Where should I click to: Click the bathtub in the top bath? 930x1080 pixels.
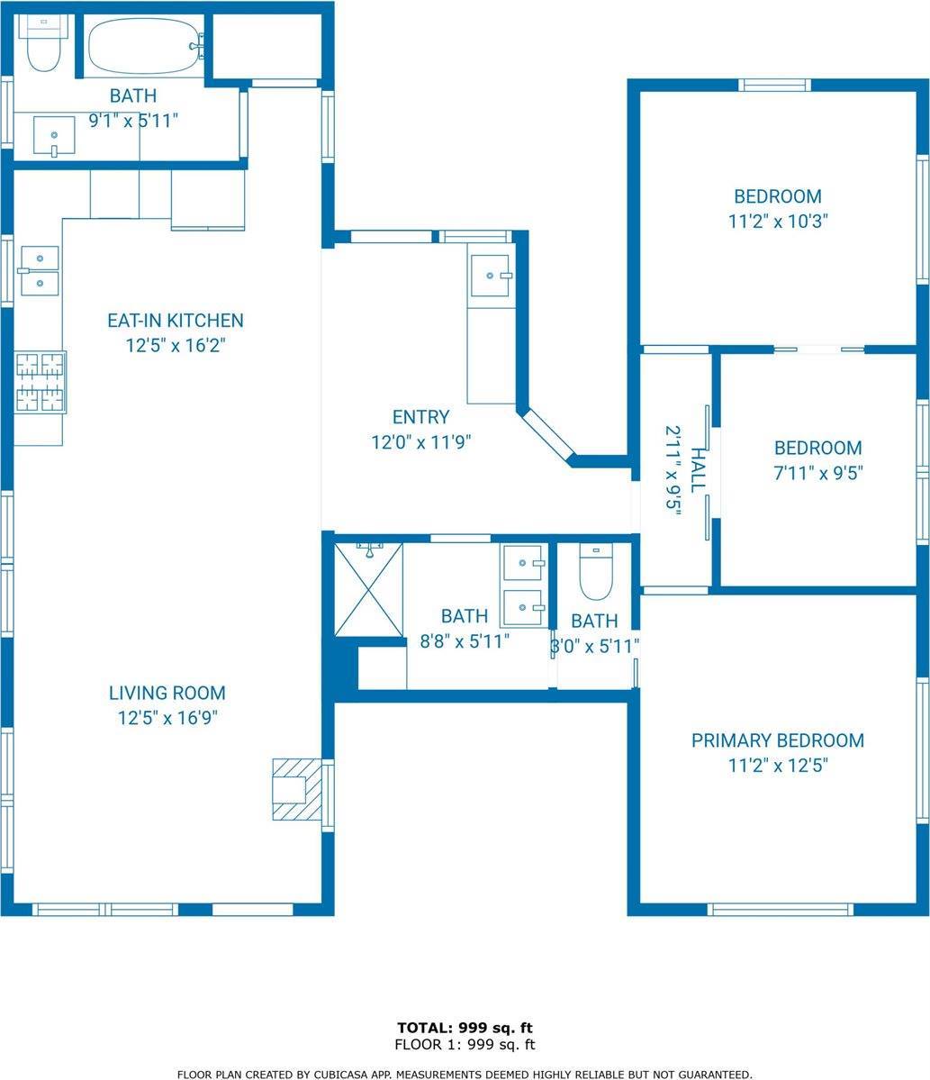pyautogui.click(x=145, y=45)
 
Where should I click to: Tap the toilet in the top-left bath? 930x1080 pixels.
pyautogui.click(x=42, y=43)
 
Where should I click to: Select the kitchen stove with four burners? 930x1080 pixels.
pyautogui.click(x=40, y=382)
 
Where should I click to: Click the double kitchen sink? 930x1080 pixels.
pyautogui.click(x=40, y=271)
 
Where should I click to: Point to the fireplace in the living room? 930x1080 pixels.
pyautogui.click(x=297, y=789)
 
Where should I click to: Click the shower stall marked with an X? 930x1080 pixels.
pyautogui.click(x=368, y=590)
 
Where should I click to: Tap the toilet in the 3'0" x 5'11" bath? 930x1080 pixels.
pyautogui.click(x=596, y=572)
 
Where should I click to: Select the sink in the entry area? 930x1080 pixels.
pyautogui.click(x=491, y=276)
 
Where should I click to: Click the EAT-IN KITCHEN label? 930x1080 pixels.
pyautogui.click(x=176, y=321)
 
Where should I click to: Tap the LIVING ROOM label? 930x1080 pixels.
pyautogui.click(x=167, y=693)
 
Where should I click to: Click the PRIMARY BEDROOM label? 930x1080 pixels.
pyautogui.click(x=778, y=740)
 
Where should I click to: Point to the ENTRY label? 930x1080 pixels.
pyautogui.click(x=420, y=417)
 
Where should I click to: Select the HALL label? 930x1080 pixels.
pyautogui.click(x=698, y=469)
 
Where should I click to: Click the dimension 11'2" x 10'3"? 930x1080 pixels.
pyautogui.click(x=778, y=221)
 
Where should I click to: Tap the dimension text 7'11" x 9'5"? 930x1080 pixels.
pyautogui.click(x=818, y=473)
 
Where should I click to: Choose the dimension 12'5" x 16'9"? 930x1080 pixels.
pyautogui.click(x=167, y=718)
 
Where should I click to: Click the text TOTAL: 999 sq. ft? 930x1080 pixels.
pyautogui.click(x=465, y=1029)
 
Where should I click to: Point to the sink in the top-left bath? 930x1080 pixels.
pyautogui.click(x=54, y=136)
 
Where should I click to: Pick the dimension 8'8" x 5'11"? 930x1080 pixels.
pyautogui.click(x=465, y=641)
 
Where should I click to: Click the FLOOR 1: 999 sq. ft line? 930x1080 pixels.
pyautogui.click(x=465, y=1045)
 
